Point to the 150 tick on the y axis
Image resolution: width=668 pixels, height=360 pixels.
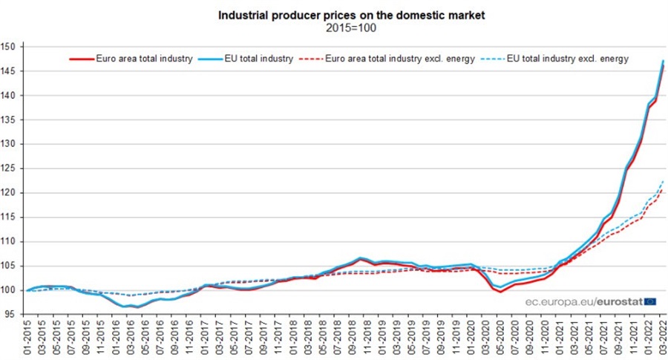point(15,47)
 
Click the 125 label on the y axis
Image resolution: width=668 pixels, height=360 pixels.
point(15,168)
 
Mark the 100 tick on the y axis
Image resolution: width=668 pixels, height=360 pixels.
point(15,290)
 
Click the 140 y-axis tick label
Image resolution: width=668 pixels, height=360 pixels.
point(15,96)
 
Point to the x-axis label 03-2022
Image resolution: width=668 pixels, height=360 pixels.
point(662,338)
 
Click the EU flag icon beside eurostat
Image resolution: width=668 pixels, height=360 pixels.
point(650,301)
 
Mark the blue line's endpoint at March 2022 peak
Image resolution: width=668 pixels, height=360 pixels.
point(662,61)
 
